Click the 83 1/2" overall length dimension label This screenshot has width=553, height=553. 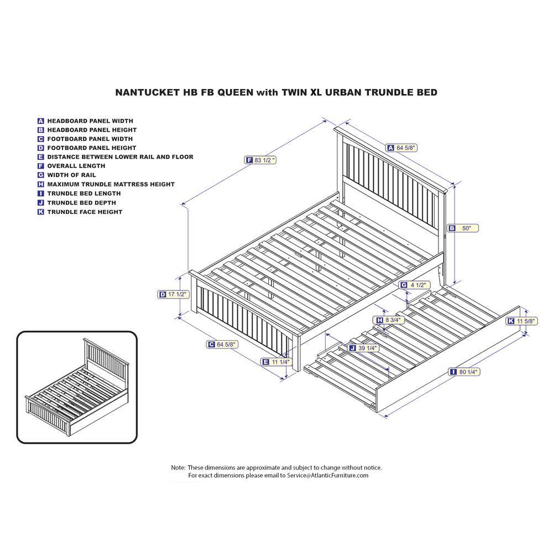point(260,160)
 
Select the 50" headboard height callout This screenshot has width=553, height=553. point(463,228)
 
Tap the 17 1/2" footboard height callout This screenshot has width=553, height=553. point(173,294)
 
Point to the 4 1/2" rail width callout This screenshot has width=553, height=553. point(414,285)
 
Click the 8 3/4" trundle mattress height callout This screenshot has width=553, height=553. point(389,320)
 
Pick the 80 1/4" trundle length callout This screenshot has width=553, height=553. point(465,372)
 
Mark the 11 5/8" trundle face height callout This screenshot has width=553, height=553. point(522,321)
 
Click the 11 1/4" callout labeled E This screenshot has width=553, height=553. point(276,362)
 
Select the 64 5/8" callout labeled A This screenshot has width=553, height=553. point(402,148)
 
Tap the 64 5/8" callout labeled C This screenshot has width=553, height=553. point(222,344)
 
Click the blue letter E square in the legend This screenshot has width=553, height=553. point(40,157)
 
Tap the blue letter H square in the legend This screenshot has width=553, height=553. point(40,184)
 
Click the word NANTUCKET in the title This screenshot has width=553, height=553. point(147,92)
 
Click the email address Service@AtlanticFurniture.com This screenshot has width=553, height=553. point(327,476)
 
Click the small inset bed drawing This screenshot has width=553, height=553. point(77,387)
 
